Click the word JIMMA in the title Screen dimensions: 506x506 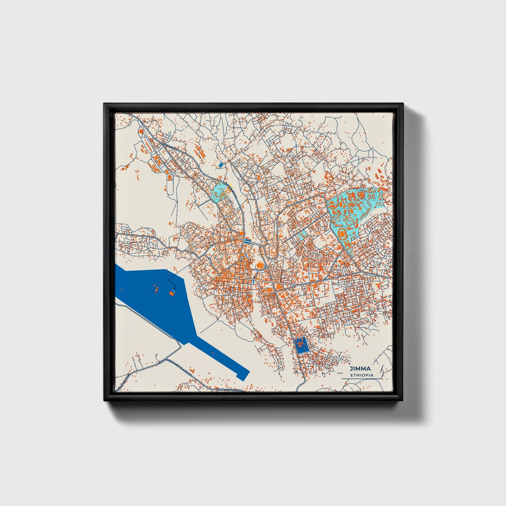(360, 368)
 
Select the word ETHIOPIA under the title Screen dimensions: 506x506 (362, 375)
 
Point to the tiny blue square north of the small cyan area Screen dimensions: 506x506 (220, 165)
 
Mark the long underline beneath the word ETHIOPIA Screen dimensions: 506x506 (361, 379)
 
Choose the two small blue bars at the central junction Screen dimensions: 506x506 (248, 240)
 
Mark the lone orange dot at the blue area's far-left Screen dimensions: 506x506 (121, 289)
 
